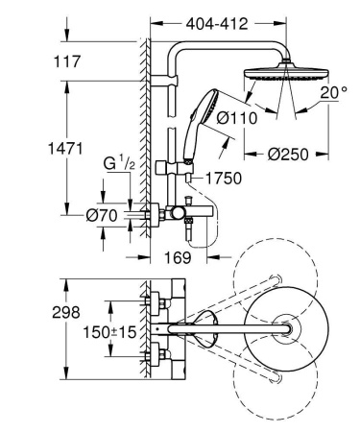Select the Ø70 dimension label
[x=101, y=217]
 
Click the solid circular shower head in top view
[x=284, y=329]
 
